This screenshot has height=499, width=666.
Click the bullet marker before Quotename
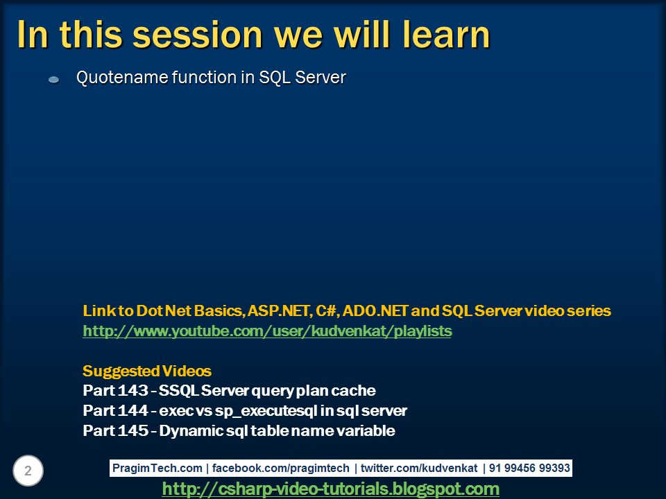pyautogui.click(x=53, y=80)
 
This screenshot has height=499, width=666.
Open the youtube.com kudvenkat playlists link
pyautogui.click(x=267, y=331)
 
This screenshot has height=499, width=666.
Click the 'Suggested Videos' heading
pyautogui.click(x=147, y=371)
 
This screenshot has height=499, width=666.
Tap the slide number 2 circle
pyautogui.click(x=28, y=471)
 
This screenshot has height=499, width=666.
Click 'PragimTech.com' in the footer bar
pyautogui.click(x=157, y=469)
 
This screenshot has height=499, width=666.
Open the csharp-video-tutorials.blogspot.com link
pyautogui.click(x=330, y=489)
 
